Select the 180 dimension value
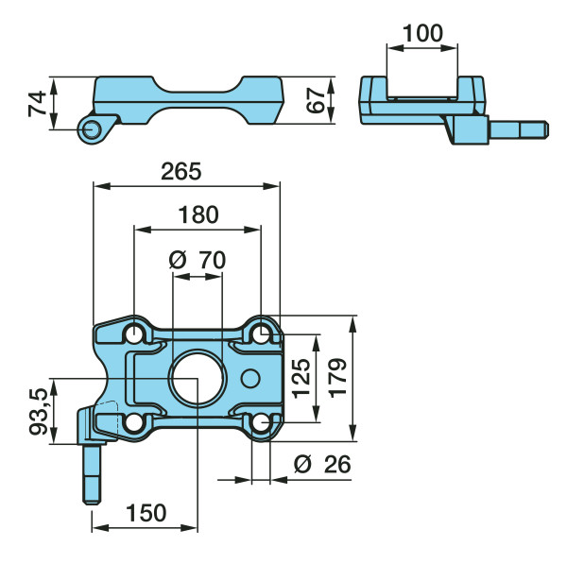(198, 214)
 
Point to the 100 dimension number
(421, 33)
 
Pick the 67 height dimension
(318, 100)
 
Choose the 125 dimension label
(301, 378)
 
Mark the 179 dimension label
(337, 378)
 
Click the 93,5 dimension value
(39, 409)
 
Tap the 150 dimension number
(146, 513)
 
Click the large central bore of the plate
(197, 378)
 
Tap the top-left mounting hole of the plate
(135, 333)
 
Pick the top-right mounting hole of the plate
(261, 333)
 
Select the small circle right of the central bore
(249, 378)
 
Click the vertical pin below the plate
(93, 472)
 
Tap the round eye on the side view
(90, 129)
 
